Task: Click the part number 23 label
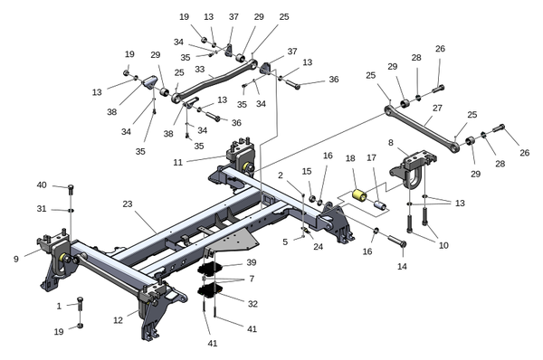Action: pos(128,204)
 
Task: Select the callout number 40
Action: pos(42,185)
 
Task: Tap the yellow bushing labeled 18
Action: pos(359,194)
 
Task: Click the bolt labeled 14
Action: pos(397,241)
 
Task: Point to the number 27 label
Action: pos(437,108)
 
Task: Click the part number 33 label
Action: pos(200,70)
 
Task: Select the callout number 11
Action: pos(177,162)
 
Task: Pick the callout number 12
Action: pos(118,320)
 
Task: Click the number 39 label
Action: pos(252,262)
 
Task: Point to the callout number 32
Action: pos(252,304)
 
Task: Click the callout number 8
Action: pos(391,142)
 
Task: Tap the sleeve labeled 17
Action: pos(381,206)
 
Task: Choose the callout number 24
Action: pos(319,246)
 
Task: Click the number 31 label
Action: pos(42,209)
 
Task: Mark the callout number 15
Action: pos(307,171)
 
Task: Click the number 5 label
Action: pos(285,242)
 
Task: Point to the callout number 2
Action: pos(281,175)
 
